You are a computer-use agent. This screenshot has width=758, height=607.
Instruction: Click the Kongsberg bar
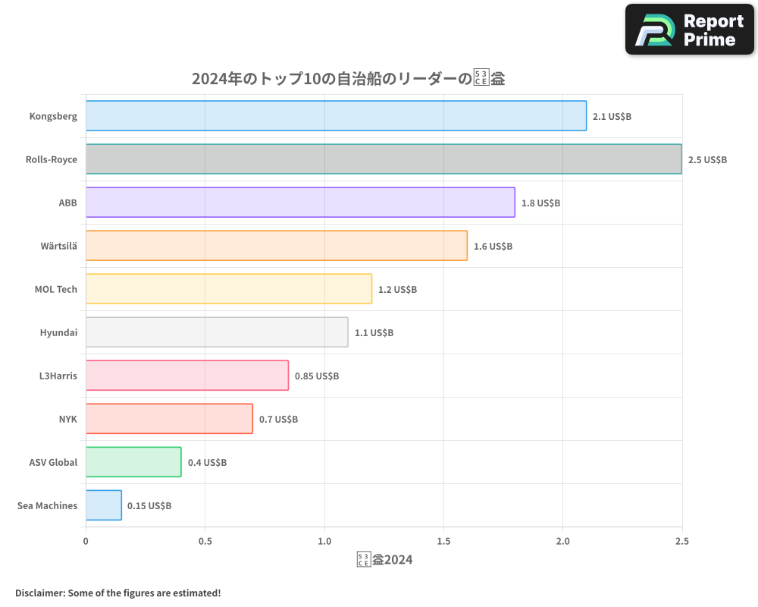(336, 115)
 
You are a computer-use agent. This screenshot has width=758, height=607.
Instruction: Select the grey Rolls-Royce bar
(384, 159)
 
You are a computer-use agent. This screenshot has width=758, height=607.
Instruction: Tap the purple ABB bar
(300, 202)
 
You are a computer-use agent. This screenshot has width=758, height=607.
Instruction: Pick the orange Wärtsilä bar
(276, 245)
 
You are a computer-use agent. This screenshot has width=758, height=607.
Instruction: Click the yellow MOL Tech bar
(228, 288)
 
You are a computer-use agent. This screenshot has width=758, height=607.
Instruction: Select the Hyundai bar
(217, 332)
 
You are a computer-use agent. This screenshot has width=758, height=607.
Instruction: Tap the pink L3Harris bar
(186, 375)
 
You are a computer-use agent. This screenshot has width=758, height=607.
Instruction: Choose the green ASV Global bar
(133, 461)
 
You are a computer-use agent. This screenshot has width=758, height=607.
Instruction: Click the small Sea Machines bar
(103, 505)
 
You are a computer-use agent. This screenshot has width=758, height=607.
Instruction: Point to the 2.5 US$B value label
(707, 159)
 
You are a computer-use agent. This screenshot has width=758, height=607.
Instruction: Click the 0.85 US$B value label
(317, 376)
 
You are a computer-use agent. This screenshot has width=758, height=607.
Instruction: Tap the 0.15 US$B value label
(149, 505)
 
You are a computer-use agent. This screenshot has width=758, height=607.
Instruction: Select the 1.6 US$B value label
(493, 246)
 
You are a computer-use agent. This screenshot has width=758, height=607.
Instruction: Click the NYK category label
(67, 419)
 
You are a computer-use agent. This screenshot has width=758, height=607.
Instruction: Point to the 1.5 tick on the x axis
(443, 542)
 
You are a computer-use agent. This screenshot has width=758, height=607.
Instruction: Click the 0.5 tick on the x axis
(205, 542)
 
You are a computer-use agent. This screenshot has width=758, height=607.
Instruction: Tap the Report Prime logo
(689, 30)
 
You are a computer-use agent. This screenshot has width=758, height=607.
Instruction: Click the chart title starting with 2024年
(348, 78)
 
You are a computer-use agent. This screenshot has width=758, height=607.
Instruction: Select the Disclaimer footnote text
(117, 593)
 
